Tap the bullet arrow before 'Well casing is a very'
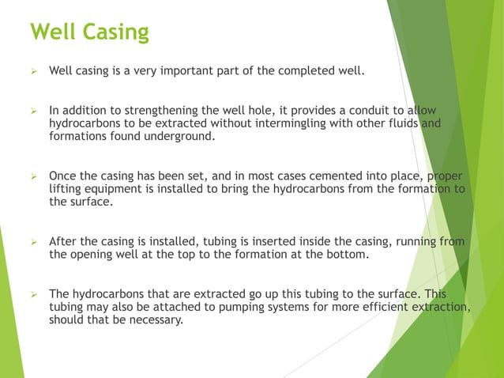click(34, 71)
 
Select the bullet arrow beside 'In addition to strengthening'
click(34, 111)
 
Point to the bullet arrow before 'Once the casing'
click(34, 176)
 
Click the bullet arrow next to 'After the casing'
click(34, 241)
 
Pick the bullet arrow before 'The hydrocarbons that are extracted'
click(34, 294)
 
